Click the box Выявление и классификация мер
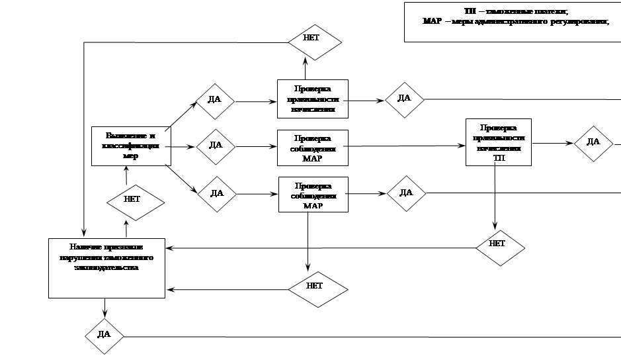click(131, 146)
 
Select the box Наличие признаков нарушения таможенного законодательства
click(106, 268)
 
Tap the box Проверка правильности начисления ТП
click(498, 142)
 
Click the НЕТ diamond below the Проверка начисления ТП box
click(498, 244)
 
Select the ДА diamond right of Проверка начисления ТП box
click(593, 142)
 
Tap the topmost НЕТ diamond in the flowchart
click(313, 38)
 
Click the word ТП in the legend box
click(470, 12)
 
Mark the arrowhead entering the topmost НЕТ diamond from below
click(306, 61)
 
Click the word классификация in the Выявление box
click(131, 146)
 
